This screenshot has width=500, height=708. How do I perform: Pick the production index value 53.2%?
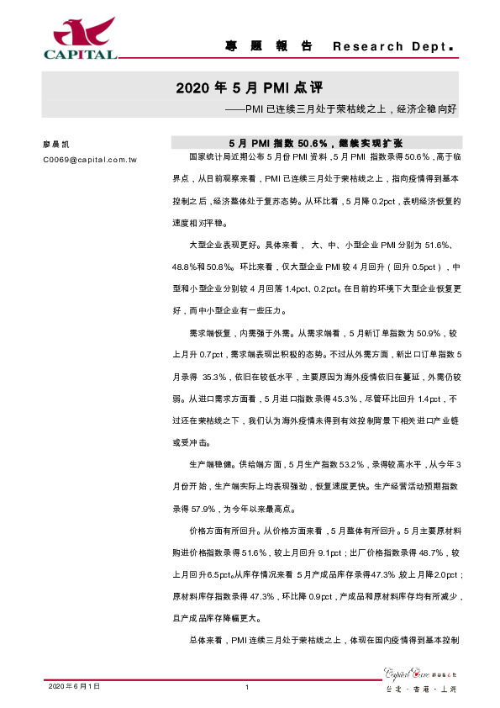[x=350, y=463]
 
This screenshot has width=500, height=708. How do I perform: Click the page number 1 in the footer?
[x=247, y=687]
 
